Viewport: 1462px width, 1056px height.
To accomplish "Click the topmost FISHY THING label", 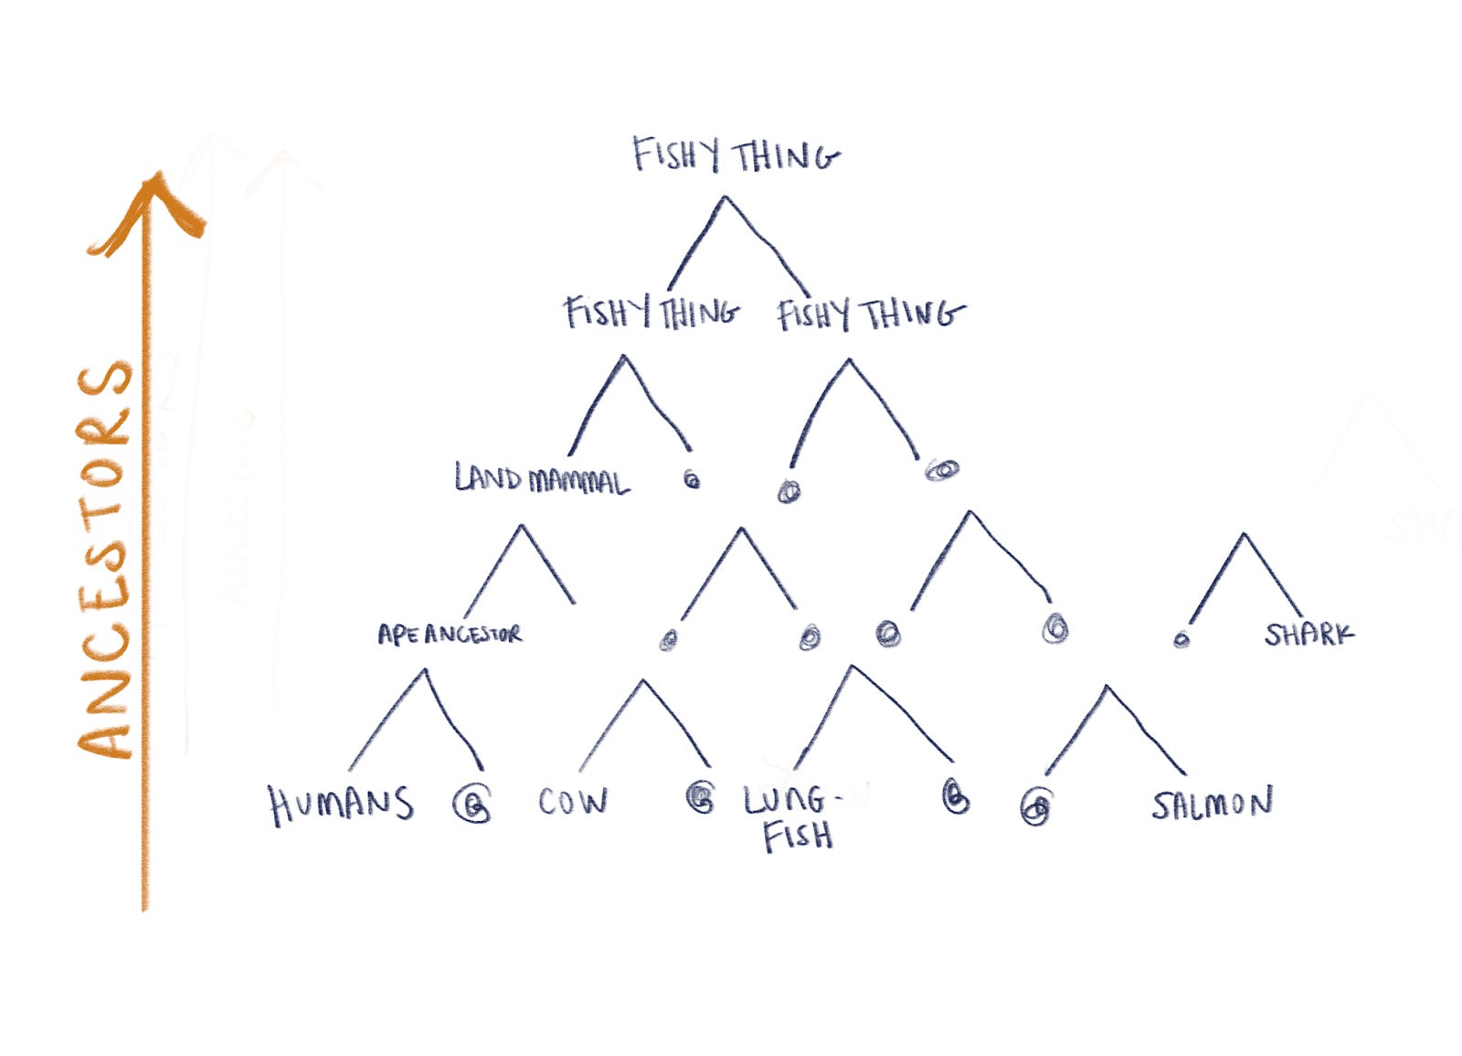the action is [x=736, y=155].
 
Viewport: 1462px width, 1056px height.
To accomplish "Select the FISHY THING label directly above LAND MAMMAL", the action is [x=652, y=314].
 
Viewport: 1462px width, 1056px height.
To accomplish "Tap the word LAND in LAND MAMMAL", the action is [x=490, y=477].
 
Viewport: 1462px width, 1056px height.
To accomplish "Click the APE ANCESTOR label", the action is [x=450, y=634].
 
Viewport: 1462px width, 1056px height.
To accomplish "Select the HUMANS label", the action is [x=341, y=805].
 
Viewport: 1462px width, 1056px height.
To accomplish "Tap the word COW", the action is [x=573, y=802].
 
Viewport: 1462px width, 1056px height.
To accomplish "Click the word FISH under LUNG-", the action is [x=799, y=836].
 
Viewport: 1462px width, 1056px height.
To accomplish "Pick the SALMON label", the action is [x=1212, y=805].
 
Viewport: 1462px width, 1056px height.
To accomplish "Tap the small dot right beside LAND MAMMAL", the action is [x=692, y=478].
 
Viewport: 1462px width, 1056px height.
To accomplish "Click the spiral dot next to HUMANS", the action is [x=472, y=805].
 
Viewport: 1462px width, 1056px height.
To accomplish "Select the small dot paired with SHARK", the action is [x=1181, y=639].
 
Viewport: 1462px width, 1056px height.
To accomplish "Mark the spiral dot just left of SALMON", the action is [x=1035, y=808].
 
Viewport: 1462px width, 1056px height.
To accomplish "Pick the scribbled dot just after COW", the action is [x=701, y=797].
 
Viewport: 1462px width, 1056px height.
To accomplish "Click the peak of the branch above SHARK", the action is [x=1244, y=534].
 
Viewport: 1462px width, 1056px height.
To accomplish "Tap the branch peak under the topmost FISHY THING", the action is [x=725, y=197].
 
